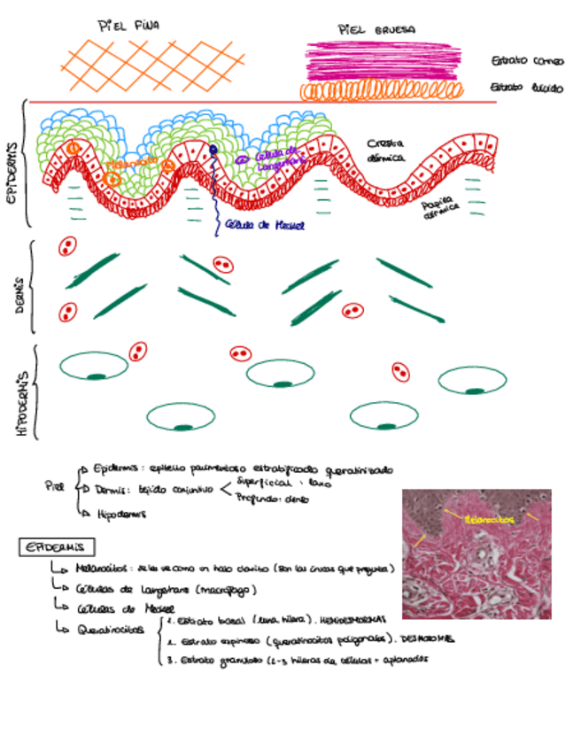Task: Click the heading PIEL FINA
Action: [x=128, y=26]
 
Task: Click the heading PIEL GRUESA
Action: [x=377, y=30]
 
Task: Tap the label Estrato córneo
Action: [x=522, y=61]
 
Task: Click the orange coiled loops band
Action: [x=381, y=90]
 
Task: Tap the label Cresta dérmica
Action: [x=386, y=150]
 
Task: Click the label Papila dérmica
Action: [x=440, y=208]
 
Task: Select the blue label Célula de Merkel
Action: [x=264, y=226]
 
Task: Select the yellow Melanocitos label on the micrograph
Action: [x=489, y=521]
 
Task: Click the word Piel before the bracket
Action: [x=55, y=485]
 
